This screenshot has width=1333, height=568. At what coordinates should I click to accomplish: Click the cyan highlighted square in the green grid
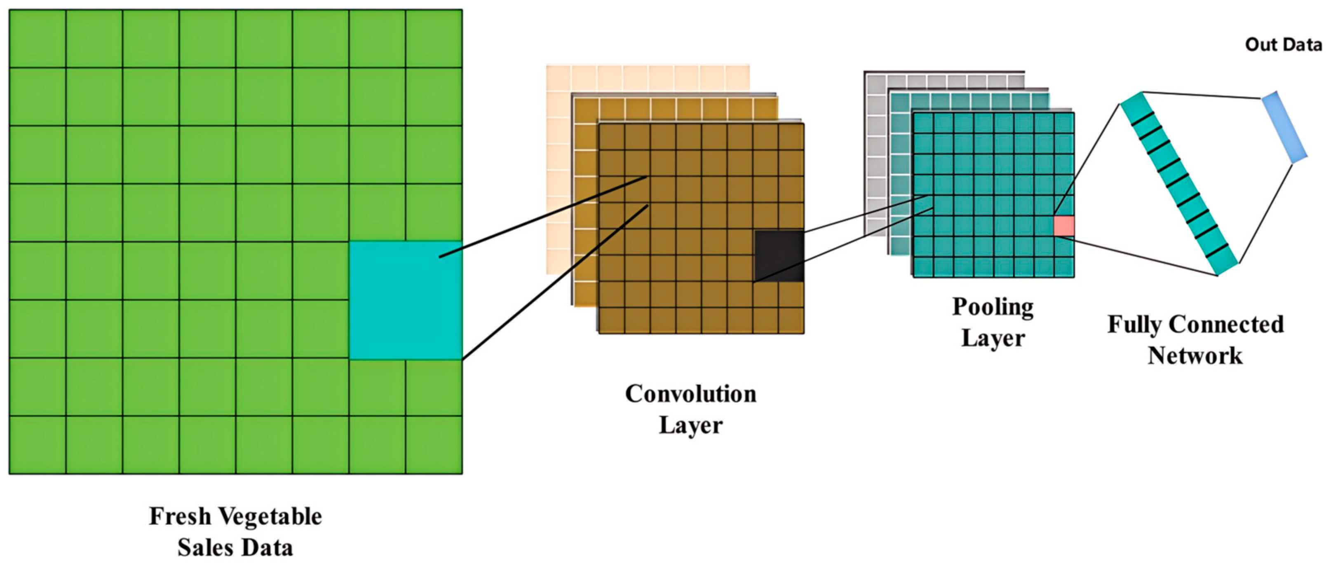pos(405,300)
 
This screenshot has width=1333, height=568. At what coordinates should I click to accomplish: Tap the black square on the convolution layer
pos(779,256)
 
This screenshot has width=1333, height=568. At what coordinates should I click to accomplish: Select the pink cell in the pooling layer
pos(1064,226)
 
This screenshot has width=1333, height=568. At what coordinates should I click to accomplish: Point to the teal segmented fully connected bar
pos(1179,183)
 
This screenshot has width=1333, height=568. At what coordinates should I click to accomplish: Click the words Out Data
pos(1283,45)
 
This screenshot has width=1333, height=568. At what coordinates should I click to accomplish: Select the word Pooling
pos(993,307)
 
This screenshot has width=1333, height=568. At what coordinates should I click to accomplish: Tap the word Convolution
pos(691,394)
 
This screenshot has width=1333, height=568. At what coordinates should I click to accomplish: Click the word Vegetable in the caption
pos(270,516)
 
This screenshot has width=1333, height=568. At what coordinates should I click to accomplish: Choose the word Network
pos(1195,356)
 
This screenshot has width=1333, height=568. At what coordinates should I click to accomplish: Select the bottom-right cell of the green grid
pos(434,445)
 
